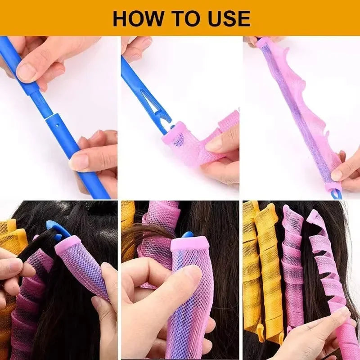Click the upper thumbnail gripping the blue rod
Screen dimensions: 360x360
27,72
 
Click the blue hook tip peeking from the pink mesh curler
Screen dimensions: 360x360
187,235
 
